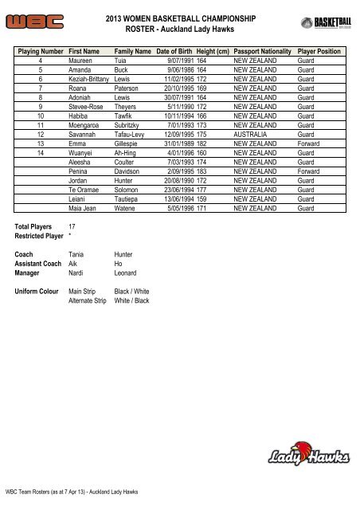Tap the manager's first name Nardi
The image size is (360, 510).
click(77, 273)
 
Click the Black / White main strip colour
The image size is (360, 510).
click(131, 292)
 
